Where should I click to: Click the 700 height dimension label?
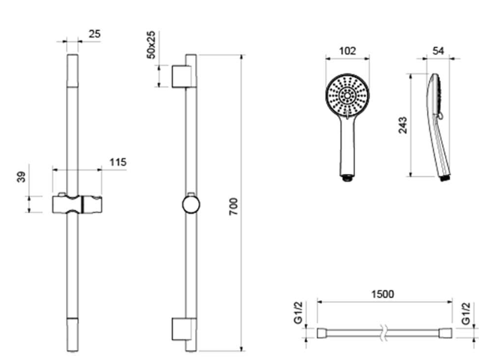[x=233, y=206]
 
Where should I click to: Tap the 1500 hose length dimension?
[x=383, y=294]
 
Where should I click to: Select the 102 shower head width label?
[x=347, y=51]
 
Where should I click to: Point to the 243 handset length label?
[x=403, y=125]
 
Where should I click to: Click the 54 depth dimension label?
[x=438, y=51]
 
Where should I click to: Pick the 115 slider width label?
[x=118, y=163]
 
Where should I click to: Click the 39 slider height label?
[x=21, y=177]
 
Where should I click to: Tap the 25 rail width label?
[x=95, y=34]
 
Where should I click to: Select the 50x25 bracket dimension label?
[x=151, y=44]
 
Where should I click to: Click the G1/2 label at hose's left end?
[x=298, y=313]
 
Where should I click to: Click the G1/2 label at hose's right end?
[x=466, y=313]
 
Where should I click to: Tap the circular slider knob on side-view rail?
[x=191, y=205]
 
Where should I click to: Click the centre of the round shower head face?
[x=347, y=94]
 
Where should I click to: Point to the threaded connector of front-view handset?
[x=347, y=178]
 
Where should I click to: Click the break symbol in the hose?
[x=383, y=333]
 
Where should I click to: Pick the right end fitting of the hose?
[x=446, y=333]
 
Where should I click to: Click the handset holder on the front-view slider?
[x=92, y=205]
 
